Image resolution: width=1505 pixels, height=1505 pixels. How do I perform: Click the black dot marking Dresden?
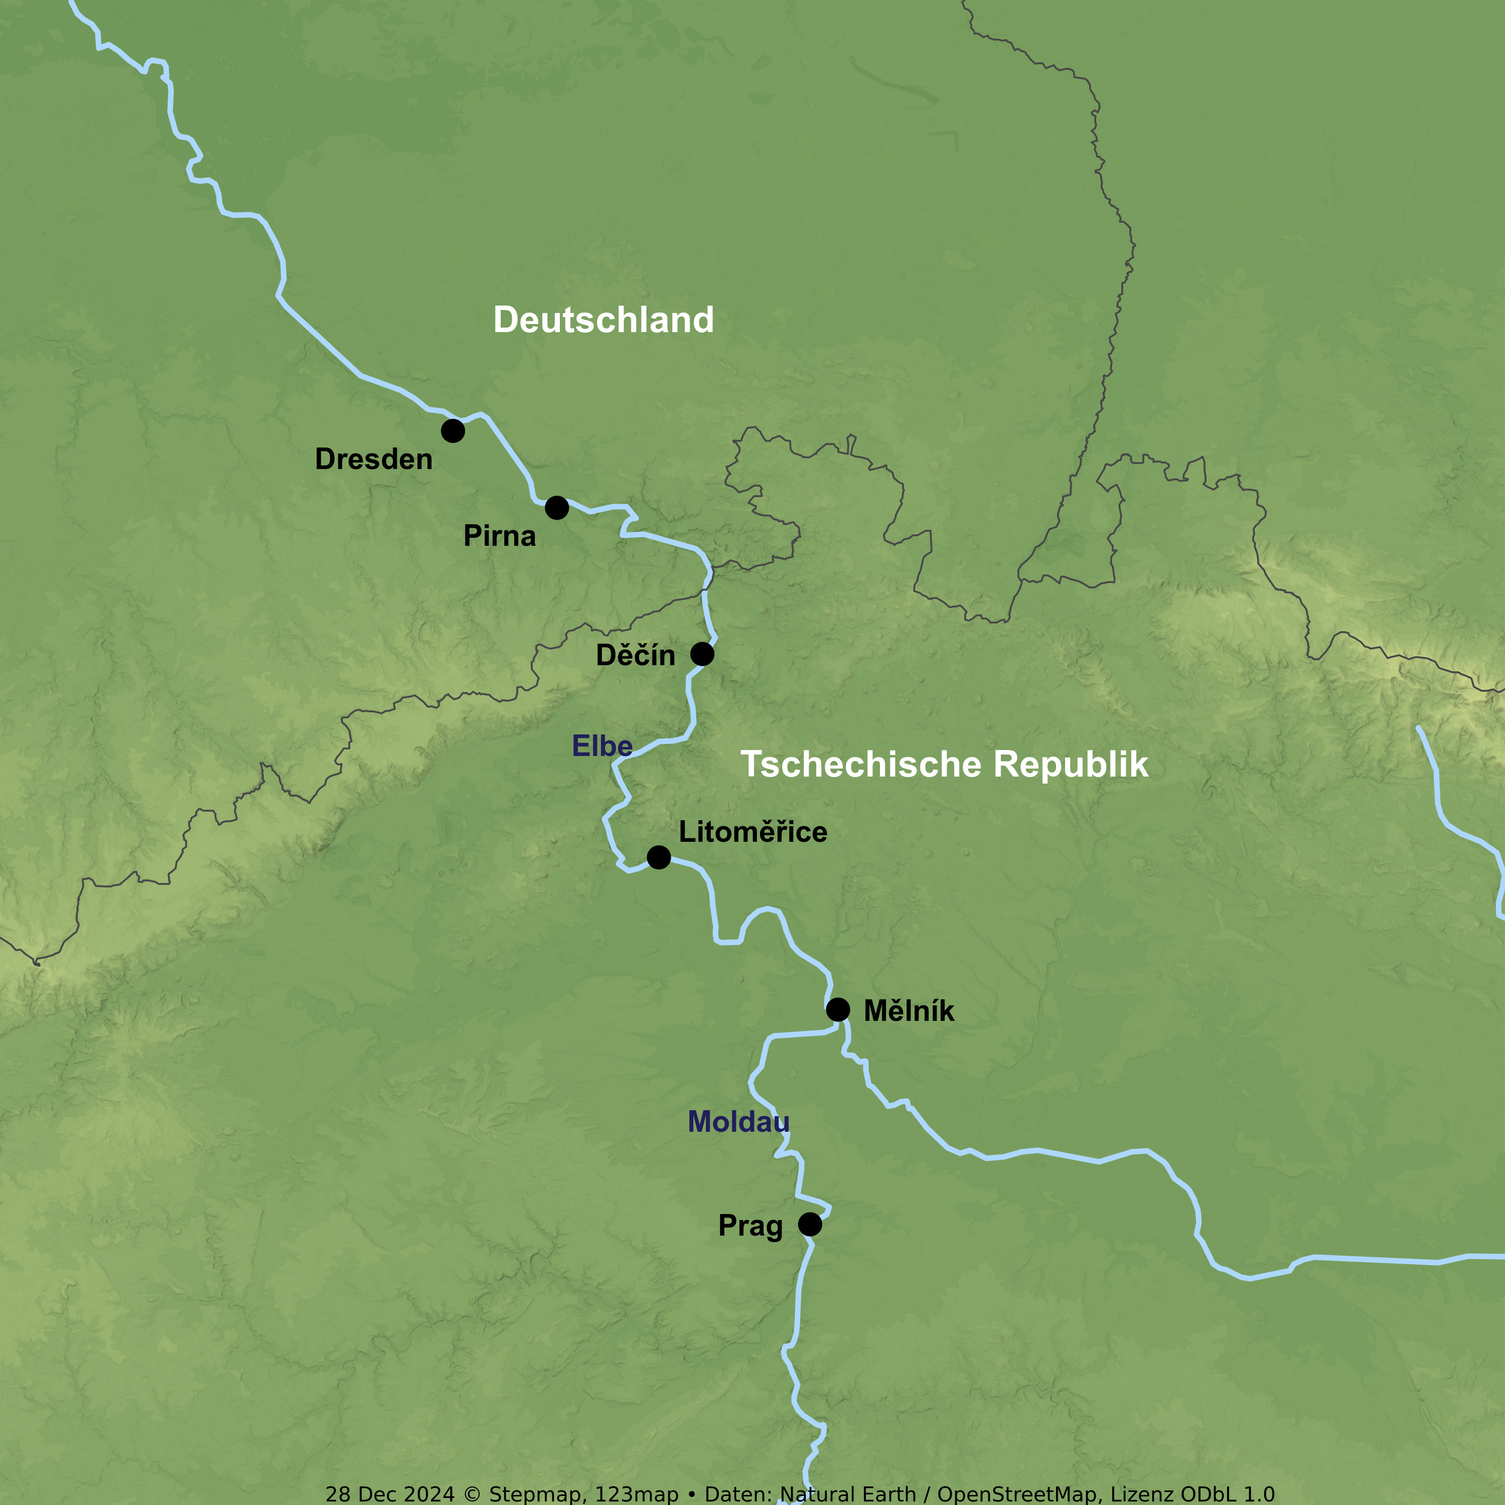coord(453,431)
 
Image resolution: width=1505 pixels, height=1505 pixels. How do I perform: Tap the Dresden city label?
coord(373,460)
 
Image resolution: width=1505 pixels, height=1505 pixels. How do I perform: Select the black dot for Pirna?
coord(556,508)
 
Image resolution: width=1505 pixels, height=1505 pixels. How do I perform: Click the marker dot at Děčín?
coord(702,654)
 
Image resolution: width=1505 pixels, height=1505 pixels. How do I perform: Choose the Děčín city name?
coord(635,655)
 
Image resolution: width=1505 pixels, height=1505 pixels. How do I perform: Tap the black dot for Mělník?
coord(837,1009)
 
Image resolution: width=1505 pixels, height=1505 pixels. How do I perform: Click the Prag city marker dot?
coord(809,1225)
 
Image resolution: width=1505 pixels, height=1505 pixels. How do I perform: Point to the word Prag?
coord(750,1226)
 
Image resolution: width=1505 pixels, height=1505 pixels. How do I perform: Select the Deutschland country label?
coord(603,320)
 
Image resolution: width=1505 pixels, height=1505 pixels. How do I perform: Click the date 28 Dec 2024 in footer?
coord(389,1494)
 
